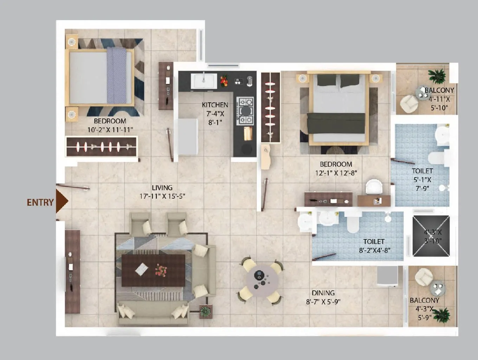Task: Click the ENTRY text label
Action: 40,202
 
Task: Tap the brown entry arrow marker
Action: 61,201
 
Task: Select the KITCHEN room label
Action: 215,105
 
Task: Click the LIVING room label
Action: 162,188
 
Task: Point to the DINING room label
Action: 323,293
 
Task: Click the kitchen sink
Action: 204,81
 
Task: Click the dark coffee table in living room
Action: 153,270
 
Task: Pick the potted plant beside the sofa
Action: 205,311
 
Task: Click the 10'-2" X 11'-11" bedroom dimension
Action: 110,130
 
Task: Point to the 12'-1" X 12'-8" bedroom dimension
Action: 336,173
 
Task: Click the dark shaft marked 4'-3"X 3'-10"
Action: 431,236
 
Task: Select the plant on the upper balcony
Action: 437,75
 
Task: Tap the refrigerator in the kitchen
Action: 188,137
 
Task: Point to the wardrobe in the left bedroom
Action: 101,147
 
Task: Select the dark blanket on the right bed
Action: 336,123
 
